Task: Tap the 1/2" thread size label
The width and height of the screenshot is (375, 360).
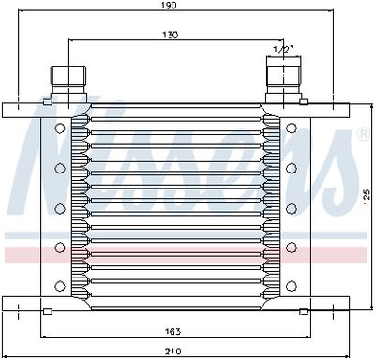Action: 280,49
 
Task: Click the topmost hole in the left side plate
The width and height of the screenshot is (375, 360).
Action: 59,128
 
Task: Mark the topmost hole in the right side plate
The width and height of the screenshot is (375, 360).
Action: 292,128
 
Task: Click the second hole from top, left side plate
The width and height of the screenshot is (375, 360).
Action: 59,168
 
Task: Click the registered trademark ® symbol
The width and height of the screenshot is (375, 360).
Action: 363,137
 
